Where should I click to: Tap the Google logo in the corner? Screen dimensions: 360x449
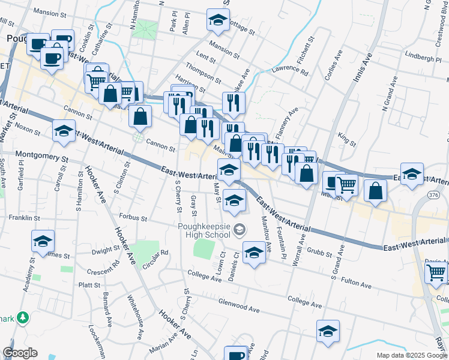click(20, 353)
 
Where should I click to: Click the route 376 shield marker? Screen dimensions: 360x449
click(435, 195)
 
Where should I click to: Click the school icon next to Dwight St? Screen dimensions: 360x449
click(43, 241)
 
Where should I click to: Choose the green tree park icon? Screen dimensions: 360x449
click(23, 317)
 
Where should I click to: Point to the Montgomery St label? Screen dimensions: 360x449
click(42, 156)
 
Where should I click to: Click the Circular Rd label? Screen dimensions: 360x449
click(156, 257)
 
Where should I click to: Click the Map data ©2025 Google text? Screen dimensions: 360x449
click(412, 355)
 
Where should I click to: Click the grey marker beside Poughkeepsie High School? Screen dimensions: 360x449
click(240, 229)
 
